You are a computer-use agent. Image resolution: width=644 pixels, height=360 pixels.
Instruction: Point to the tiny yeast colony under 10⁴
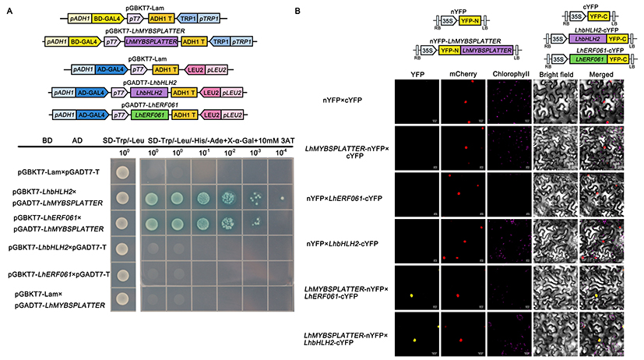click(281, 197)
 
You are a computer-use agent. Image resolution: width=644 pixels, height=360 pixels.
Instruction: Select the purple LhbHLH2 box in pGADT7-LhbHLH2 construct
click(145, 92)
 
